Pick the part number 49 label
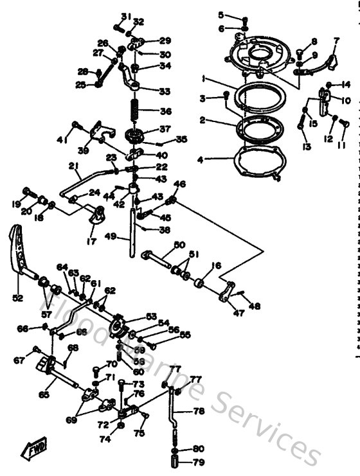pos(110,236)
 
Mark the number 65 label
pos(44,395)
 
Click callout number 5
pos(221,15)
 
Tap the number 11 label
pos(341,143)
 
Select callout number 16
pos(216,265)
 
